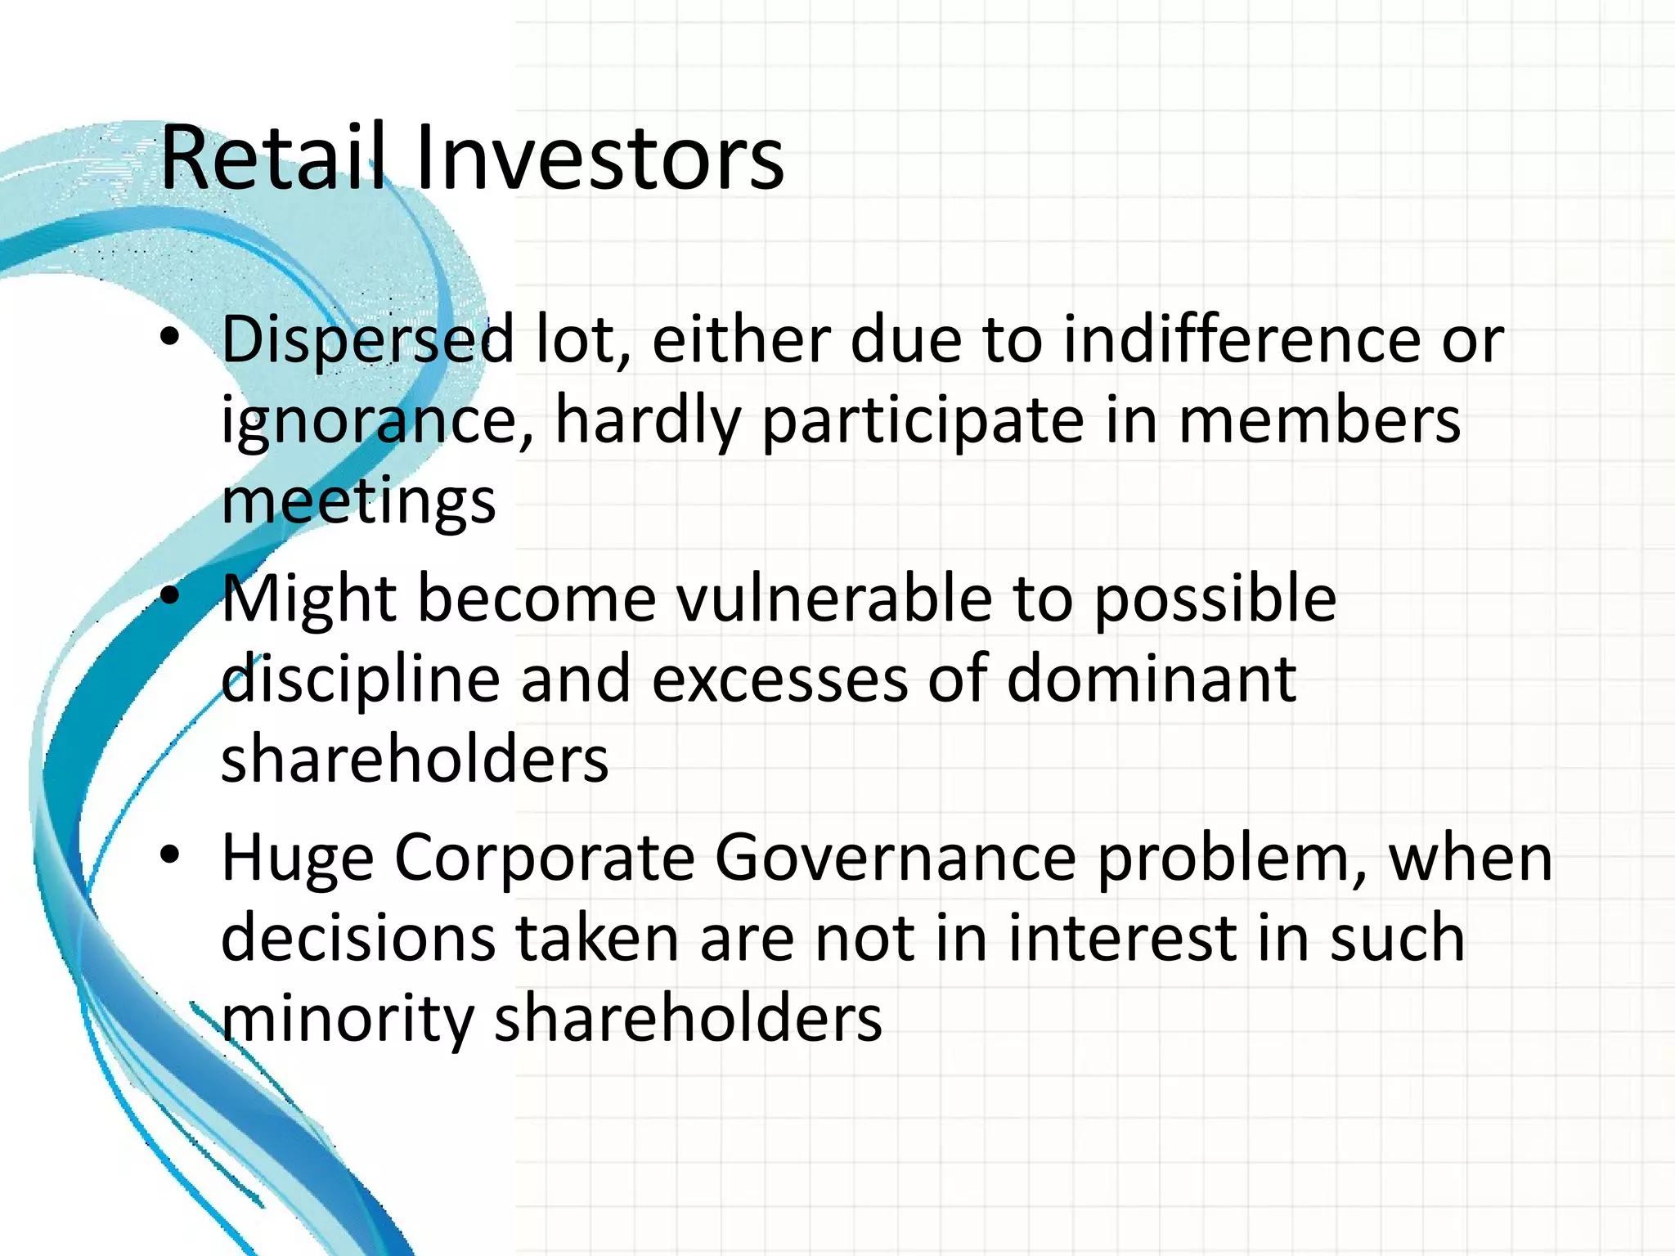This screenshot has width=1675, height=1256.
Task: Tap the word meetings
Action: coord(358,500)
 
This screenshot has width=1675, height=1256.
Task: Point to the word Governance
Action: coord(896,859)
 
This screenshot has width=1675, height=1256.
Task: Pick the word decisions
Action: coord(358,939)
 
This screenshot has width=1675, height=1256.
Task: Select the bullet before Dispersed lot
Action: coord(169,337)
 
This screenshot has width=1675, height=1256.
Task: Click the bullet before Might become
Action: coord(169,597)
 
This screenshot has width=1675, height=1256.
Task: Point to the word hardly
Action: coord(648,422)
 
